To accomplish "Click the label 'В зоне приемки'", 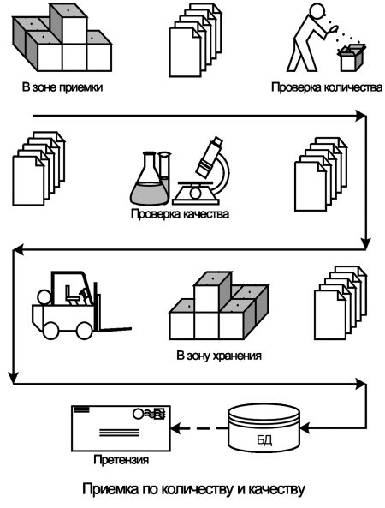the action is pyautogui.click(x=62, y=87).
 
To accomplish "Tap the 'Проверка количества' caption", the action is pyautogui.click(x=327, y=87).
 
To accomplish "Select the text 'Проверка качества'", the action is pyautogui.click(x=180, y=214).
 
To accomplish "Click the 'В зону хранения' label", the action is pyautogui.click(x=219, y=356).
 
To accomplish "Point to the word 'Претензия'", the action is pyautogui.click(x=121, y=459).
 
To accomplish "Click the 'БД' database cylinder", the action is pyautogui.click(x=264, y=428).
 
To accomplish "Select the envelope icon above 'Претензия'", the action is pyautogui.click(x=121, y=428).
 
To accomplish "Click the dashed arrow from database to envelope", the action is pyautogui.click(x=199, y=428).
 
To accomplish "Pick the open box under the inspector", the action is pyautogui.click(x=352, y=58).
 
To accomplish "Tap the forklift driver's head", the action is pyautogui.click(x=44, y=297).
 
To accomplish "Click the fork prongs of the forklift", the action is pyautogui.click(x=115, y=330).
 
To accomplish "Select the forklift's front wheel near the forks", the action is pyautogui.click(x=85, y=330).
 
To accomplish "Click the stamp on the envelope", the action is pyautogui.click(x=159, y=414).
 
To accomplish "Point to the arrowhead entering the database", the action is pyautogui.click(x=305, y=428).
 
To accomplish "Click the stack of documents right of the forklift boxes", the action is pyautogui.click(x=341, y=303).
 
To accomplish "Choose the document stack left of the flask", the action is pyautogui.click(x=38, y=169).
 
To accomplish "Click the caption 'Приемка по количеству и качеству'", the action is pyautogui.click(x=193, y=489).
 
